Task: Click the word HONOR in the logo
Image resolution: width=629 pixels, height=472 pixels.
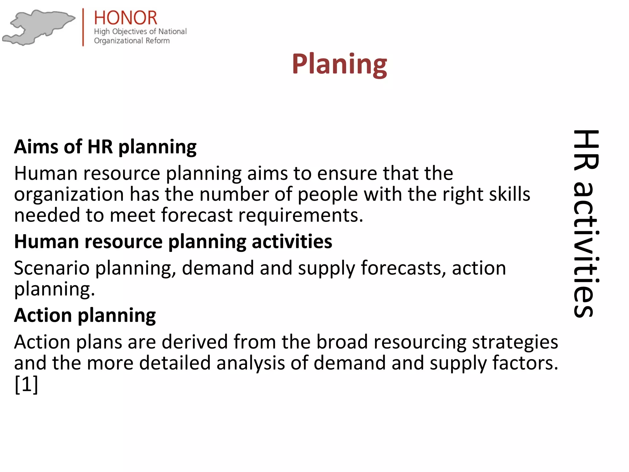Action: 125,18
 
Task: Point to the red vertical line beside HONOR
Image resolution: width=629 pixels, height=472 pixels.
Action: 83,27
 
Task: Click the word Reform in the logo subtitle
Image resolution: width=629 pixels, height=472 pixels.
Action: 157,41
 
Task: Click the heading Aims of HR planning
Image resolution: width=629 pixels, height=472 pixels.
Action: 105,147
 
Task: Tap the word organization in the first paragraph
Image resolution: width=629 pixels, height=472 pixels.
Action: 69,195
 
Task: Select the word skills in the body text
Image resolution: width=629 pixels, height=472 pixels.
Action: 510,194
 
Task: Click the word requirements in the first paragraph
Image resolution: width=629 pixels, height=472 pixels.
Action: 300,215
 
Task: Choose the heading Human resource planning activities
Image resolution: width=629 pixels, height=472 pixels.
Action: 173,242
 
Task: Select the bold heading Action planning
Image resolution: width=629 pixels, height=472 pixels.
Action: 85,316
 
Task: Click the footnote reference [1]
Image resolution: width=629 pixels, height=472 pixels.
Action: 26,384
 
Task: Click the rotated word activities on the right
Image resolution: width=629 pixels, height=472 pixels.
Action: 586,249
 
